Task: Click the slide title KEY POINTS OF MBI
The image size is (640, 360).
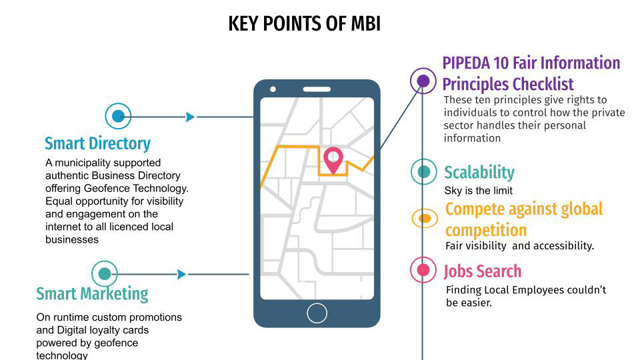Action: (304, 23)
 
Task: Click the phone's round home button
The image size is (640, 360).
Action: (317, 312)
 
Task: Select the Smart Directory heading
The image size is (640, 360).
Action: (97, 143)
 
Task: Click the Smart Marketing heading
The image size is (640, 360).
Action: (92, 294)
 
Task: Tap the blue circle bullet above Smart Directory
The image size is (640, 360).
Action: (118, 117)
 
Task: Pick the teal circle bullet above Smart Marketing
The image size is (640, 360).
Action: (105, 274)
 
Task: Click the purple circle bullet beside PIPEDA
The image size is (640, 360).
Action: (423, 81)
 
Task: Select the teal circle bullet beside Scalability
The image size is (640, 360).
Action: (423, 171)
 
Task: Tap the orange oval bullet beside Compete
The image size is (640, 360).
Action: (423, 218)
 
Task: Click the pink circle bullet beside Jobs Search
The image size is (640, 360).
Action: (423, 270)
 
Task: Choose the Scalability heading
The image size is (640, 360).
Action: (479, 173)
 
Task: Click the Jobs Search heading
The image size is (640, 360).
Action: (483, 271)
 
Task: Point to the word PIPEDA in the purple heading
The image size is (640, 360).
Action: (467, 63)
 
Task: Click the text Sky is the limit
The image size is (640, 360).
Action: (478, 191)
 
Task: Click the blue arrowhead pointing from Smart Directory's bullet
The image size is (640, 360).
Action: (191, 117)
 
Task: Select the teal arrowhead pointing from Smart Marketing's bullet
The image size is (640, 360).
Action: (182, 274)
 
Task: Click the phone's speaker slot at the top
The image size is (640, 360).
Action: (317, 89)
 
